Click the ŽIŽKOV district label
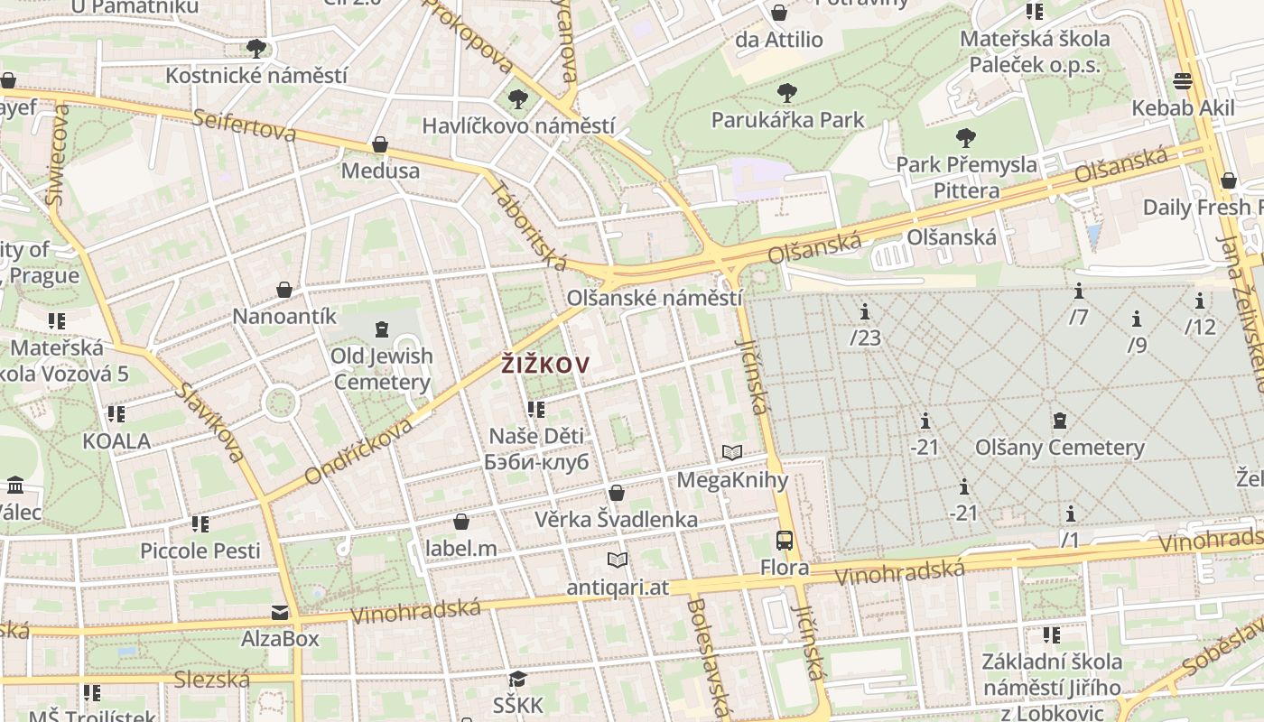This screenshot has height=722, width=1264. click(545, 366)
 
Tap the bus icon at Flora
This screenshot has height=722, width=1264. click(785, 541)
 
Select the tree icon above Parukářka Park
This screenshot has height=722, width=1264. click(786, 92)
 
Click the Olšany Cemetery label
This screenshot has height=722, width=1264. click(1060, 448)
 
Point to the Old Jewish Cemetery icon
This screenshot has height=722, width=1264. click(381, 329)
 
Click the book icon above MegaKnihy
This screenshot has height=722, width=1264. click(731, 452)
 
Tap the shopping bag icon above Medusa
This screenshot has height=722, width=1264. click(380, 144)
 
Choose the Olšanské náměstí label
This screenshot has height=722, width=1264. click(655, 298)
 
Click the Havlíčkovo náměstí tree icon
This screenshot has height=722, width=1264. click(517, 98)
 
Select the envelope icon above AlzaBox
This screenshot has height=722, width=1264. click(280, 613)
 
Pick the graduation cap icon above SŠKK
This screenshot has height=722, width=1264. click(517, 679)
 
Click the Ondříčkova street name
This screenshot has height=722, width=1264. click(358, 450)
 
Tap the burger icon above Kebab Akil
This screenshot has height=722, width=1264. click(1183, 81)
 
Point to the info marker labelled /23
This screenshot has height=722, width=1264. click(865, 312)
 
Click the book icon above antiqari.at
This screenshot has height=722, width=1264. click(618, 560)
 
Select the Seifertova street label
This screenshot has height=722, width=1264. click(244, 125)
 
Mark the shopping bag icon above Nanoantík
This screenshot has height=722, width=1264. click(284, 290)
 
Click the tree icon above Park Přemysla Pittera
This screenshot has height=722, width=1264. click(966, 138)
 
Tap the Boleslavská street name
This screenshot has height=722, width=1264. click(707, 656)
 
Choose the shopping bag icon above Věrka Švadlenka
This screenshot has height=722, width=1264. click(617, 493)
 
